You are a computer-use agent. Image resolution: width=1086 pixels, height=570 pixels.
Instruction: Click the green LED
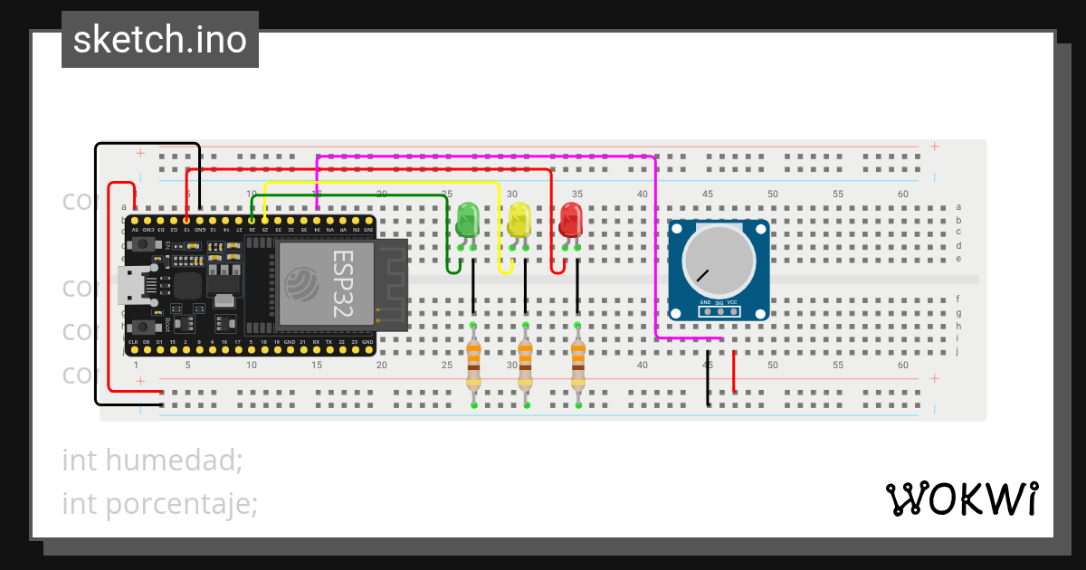click(468, 221)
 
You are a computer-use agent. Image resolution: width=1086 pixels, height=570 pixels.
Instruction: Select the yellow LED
click(519, 221)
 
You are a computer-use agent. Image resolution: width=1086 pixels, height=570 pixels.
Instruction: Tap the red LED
click(571, 221)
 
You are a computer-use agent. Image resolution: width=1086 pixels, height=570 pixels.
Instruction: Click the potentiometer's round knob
click(719, 258)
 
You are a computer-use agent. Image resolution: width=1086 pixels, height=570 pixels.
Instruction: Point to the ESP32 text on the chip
click(342, 283)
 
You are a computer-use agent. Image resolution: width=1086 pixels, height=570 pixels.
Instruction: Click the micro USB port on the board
click(129, 287)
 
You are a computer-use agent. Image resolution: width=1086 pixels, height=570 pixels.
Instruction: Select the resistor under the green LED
click(473, 364)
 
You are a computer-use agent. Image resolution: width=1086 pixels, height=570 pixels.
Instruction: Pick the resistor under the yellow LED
click(525, 364)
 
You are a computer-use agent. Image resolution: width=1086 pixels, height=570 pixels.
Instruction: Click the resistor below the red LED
click(577, 364)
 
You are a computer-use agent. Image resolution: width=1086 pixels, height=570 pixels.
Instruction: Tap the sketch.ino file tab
click(160, 40)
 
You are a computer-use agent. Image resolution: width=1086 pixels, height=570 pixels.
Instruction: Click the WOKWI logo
click(960, 499)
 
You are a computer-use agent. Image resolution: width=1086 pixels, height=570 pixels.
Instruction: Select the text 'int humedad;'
click(152, 461)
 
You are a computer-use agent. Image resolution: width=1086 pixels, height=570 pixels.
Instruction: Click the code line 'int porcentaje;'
click(160, 503)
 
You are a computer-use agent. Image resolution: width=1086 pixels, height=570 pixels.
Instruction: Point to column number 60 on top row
click(902, 194)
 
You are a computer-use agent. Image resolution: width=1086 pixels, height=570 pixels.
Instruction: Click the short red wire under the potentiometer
click(734, 372)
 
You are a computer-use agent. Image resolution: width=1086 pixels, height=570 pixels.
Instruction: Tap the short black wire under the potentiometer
click(708, 378)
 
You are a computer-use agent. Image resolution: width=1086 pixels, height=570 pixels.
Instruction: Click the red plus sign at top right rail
click(934, 147)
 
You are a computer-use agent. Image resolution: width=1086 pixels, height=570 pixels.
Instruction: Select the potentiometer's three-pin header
click(719, 311)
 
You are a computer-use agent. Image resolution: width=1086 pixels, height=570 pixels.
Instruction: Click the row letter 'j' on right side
click(958, 351)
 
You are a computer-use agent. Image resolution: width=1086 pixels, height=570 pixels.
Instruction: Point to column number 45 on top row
click(707, 194)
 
